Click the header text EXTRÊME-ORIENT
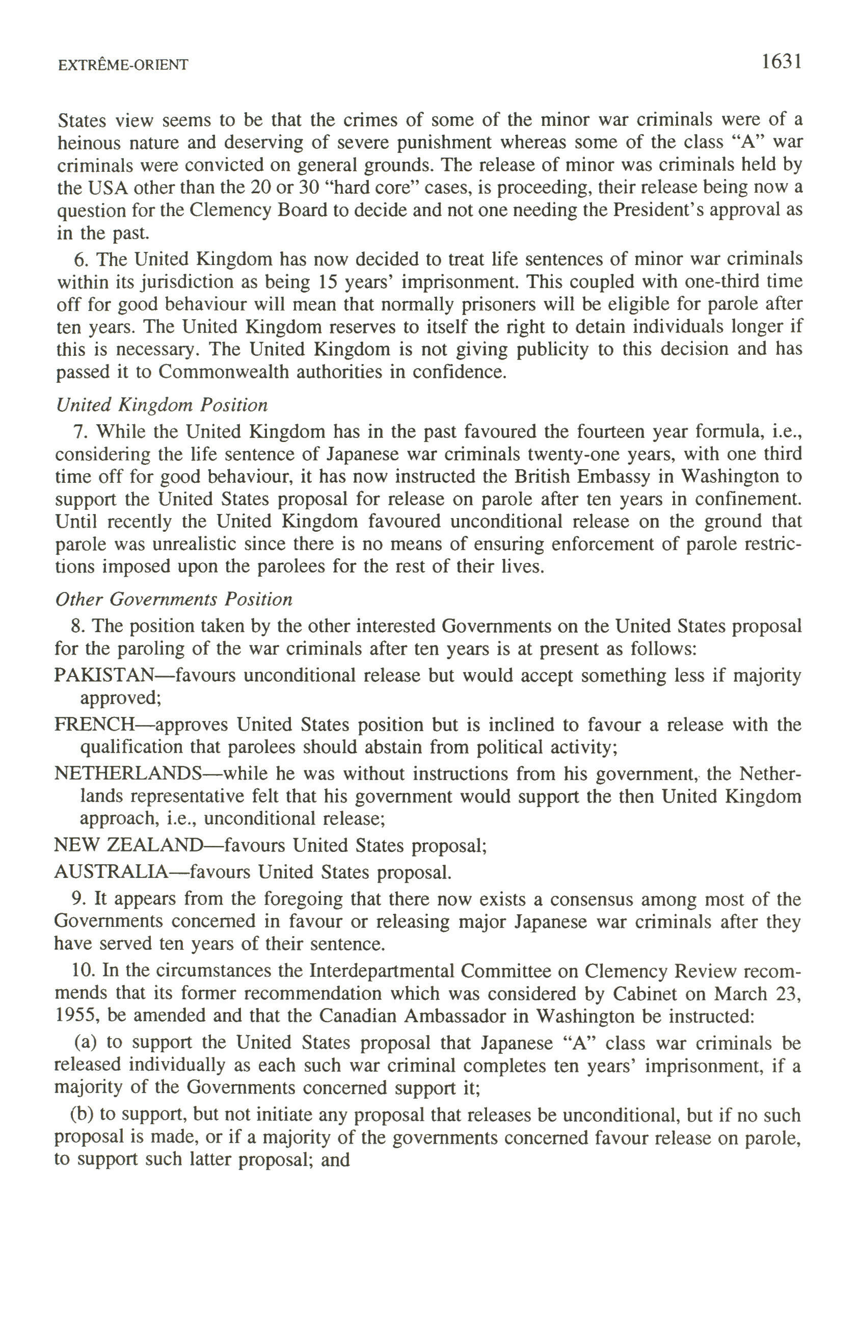(x=123, y=65)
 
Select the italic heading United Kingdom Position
(x=162, y=405)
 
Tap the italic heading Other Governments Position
(x=174, y=600)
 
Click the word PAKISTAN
(x=102, y=676)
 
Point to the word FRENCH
(x=94, y=725)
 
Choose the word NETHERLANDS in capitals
(x=127, y=773)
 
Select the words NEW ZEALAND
(x=127, y=845)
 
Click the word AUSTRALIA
(x=111, y=871)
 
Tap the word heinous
(x=88, y=143)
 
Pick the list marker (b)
(x=82, y=1115)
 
